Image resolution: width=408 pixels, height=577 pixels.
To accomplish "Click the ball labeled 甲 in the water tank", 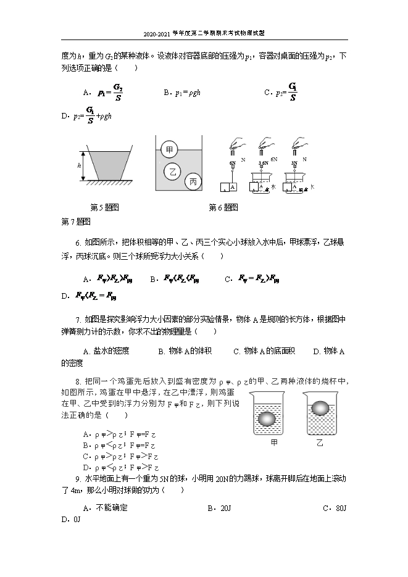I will [169, 149].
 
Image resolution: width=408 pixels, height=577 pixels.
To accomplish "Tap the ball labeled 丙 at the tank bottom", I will [193, 181].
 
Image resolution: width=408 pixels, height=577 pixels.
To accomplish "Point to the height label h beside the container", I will [80, 165].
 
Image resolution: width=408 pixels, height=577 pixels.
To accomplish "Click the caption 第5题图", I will [104, 207].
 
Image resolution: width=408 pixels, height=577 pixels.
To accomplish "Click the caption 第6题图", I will [223, 207].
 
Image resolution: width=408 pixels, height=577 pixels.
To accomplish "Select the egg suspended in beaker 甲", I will [267, 418].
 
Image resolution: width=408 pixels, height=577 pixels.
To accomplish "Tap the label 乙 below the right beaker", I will [320, 443].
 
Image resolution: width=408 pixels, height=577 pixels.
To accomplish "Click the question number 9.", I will [78, 478].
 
